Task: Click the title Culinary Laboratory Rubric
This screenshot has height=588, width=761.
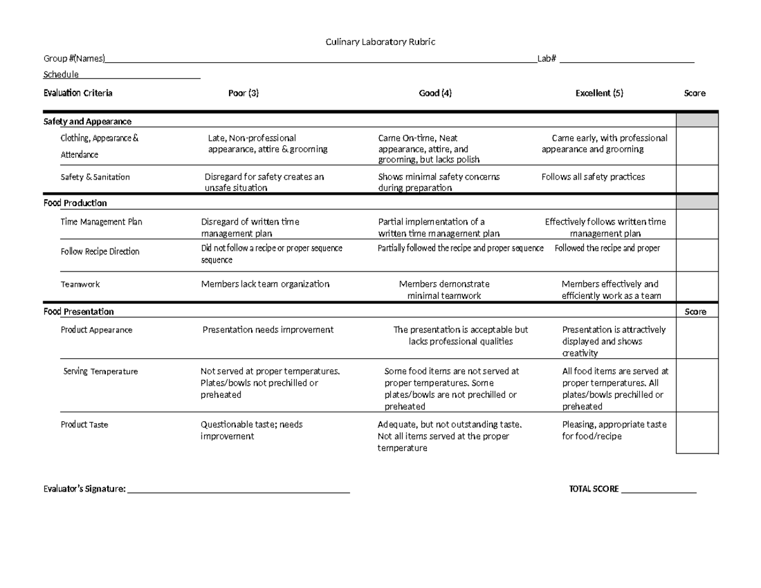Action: (380, 42)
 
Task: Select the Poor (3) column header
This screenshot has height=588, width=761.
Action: (244, 93)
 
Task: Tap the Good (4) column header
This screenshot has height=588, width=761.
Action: (435, 93)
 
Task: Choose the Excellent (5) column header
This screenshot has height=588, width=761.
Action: (599, 93)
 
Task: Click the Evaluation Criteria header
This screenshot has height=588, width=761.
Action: (77, 93)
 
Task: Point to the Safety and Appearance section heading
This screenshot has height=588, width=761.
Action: (87, 121)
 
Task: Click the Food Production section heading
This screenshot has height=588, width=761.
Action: (75, 203)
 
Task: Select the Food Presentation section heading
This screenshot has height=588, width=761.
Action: (79, 311)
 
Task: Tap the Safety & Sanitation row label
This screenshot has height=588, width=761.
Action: (95, 177)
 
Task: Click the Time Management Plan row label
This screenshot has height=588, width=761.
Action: (101, 222)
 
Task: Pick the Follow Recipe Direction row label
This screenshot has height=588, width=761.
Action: (100, 251)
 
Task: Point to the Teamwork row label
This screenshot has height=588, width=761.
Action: (80, 284)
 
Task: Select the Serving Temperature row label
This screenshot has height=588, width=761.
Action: (100, 371)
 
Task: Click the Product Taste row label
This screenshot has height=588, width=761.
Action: (84, 424)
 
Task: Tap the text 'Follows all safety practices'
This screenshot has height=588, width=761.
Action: (593, 177)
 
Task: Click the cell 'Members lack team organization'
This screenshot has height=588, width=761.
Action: (265, 284)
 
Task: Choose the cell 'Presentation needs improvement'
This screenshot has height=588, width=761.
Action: (268, 330)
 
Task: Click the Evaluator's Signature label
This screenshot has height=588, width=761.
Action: (84, 489)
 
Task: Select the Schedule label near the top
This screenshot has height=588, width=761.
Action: (61, 75)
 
